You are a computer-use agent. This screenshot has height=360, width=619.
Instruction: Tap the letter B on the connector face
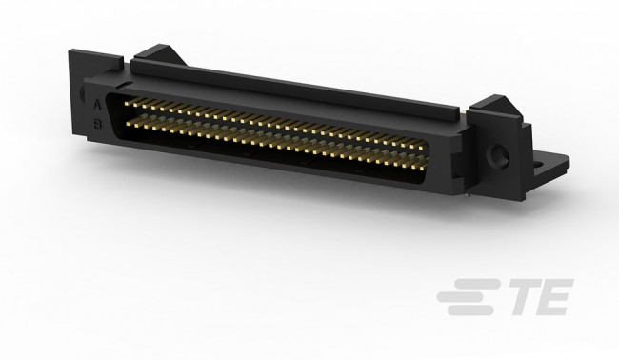click(100, 123)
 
